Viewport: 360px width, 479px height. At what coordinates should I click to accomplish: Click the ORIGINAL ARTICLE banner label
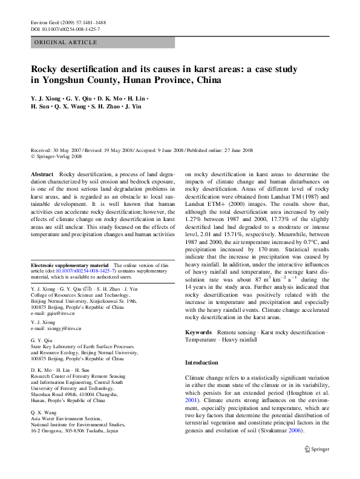pos(66,42)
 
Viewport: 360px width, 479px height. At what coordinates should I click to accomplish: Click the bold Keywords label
pos(198,332)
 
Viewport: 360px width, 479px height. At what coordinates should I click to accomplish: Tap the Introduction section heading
pos(201,363)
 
